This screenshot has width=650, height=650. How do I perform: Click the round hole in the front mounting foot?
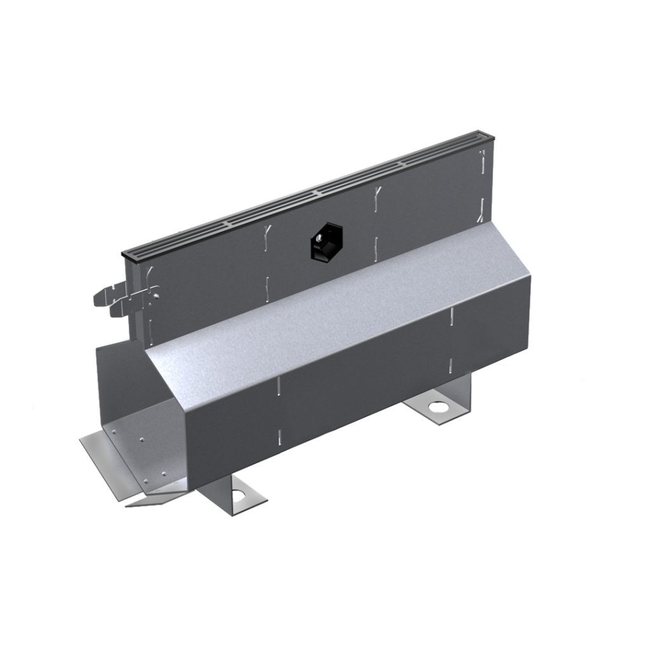(239, 494)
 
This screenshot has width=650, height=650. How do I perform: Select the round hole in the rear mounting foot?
(438, 408)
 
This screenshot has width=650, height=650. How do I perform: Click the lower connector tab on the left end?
(121, 310)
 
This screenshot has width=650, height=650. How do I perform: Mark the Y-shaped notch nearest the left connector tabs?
(150, 274)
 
